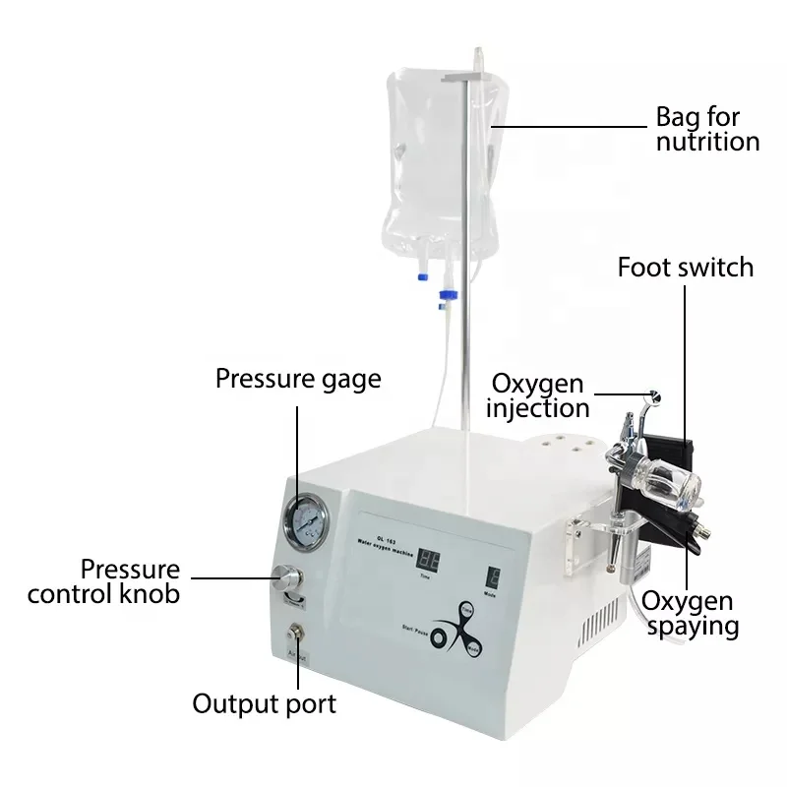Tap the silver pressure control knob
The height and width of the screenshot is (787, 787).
[291, 577]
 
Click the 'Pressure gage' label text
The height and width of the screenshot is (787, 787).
[298, 380]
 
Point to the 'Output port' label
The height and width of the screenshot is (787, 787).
[264, 703]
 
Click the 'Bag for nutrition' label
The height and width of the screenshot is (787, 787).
[707, 129]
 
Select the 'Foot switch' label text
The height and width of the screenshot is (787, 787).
[685, 267]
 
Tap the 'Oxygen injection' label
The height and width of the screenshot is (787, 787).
[539, 395]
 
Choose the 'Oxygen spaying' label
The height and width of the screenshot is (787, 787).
[689, 612]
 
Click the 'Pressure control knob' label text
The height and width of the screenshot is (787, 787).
[103, 581]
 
